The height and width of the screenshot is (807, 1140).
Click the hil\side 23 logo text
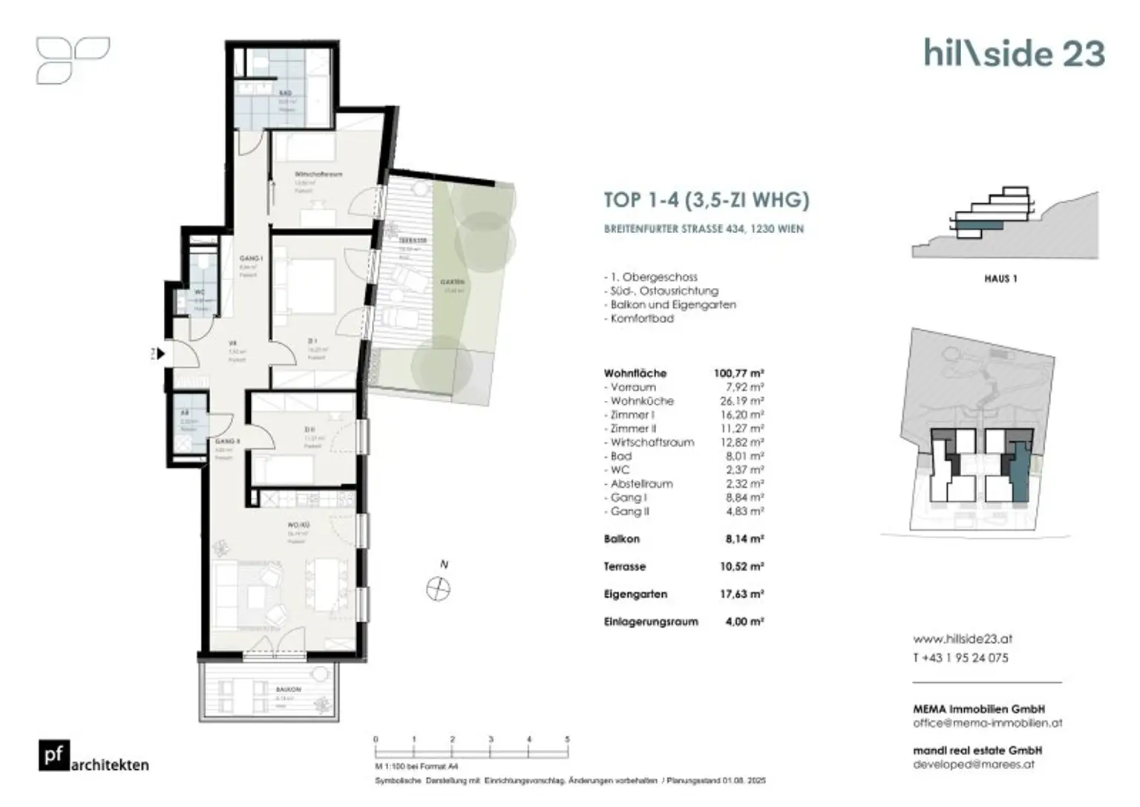coord(1014,53)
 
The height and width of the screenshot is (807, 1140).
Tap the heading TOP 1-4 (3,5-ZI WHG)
coord(706,200)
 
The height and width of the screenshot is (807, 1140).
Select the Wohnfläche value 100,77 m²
coord(738,373)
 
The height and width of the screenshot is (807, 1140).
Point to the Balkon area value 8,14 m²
coord(744,539)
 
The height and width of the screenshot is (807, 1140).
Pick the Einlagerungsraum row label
coord(651,621)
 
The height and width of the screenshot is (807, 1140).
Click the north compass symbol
coord(439,589)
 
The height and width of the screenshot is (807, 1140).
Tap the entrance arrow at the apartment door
coord(160,354)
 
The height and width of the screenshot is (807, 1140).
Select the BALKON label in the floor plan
coord(288,690)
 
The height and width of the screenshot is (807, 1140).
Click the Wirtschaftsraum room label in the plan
coord(318,174)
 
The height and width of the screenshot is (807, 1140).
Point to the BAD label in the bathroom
coord(286,94)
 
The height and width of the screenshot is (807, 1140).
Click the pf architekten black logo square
coord(54,755)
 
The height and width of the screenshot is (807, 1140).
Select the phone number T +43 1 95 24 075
coord(960,658)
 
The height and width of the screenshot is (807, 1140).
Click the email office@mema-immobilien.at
coord(987,722)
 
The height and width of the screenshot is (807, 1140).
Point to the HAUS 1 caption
coord(1000,278)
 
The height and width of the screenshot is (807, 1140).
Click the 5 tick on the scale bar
coord(567,739)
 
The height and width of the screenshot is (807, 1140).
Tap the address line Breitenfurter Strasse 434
coord(703,229)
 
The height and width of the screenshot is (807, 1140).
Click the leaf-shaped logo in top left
coord(72,60)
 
